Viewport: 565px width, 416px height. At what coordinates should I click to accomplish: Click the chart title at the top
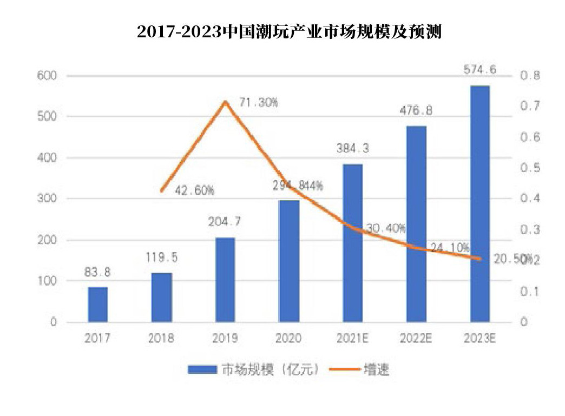click(x=290, y=32)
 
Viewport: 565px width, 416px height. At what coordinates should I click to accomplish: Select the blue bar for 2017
click(x=98, y=305)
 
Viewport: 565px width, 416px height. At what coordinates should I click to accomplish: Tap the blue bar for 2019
click(x=225, y=280)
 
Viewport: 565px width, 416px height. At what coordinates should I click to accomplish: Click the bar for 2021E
click(x=352, y=243)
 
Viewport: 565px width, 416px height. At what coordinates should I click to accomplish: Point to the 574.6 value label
click(x=480, y=69)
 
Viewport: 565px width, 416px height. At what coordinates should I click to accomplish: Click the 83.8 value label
click(x=98, y=272)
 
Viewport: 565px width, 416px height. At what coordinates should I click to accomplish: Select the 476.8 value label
click(x=416, y=110)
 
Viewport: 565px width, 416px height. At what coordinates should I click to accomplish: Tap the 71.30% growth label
click(x=259, y=103)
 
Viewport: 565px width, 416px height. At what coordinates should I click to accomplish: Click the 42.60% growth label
click(x=195, y=190)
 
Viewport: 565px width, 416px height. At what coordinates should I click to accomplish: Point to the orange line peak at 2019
click(x=225, y=102)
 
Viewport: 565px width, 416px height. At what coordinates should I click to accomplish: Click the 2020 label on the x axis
click(x=288, y=339)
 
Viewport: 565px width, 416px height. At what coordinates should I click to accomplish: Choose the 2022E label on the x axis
click(x=416, y=339)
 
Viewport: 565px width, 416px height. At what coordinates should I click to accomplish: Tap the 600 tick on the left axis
click(x=47, y=76)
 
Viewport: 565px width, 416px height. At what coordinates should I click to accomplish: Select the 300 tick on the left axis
click(x=47, y=199)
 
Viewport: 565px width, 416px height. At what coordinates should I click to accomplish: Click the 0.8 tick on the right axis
click(x=530, y=76)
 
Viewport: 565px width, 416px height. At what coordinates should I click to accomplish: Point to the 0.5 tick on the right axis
click(x=530, y=168)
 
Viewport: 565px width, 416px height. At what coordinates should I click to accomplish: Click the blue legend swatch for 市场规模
click(x=202, y=370)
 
